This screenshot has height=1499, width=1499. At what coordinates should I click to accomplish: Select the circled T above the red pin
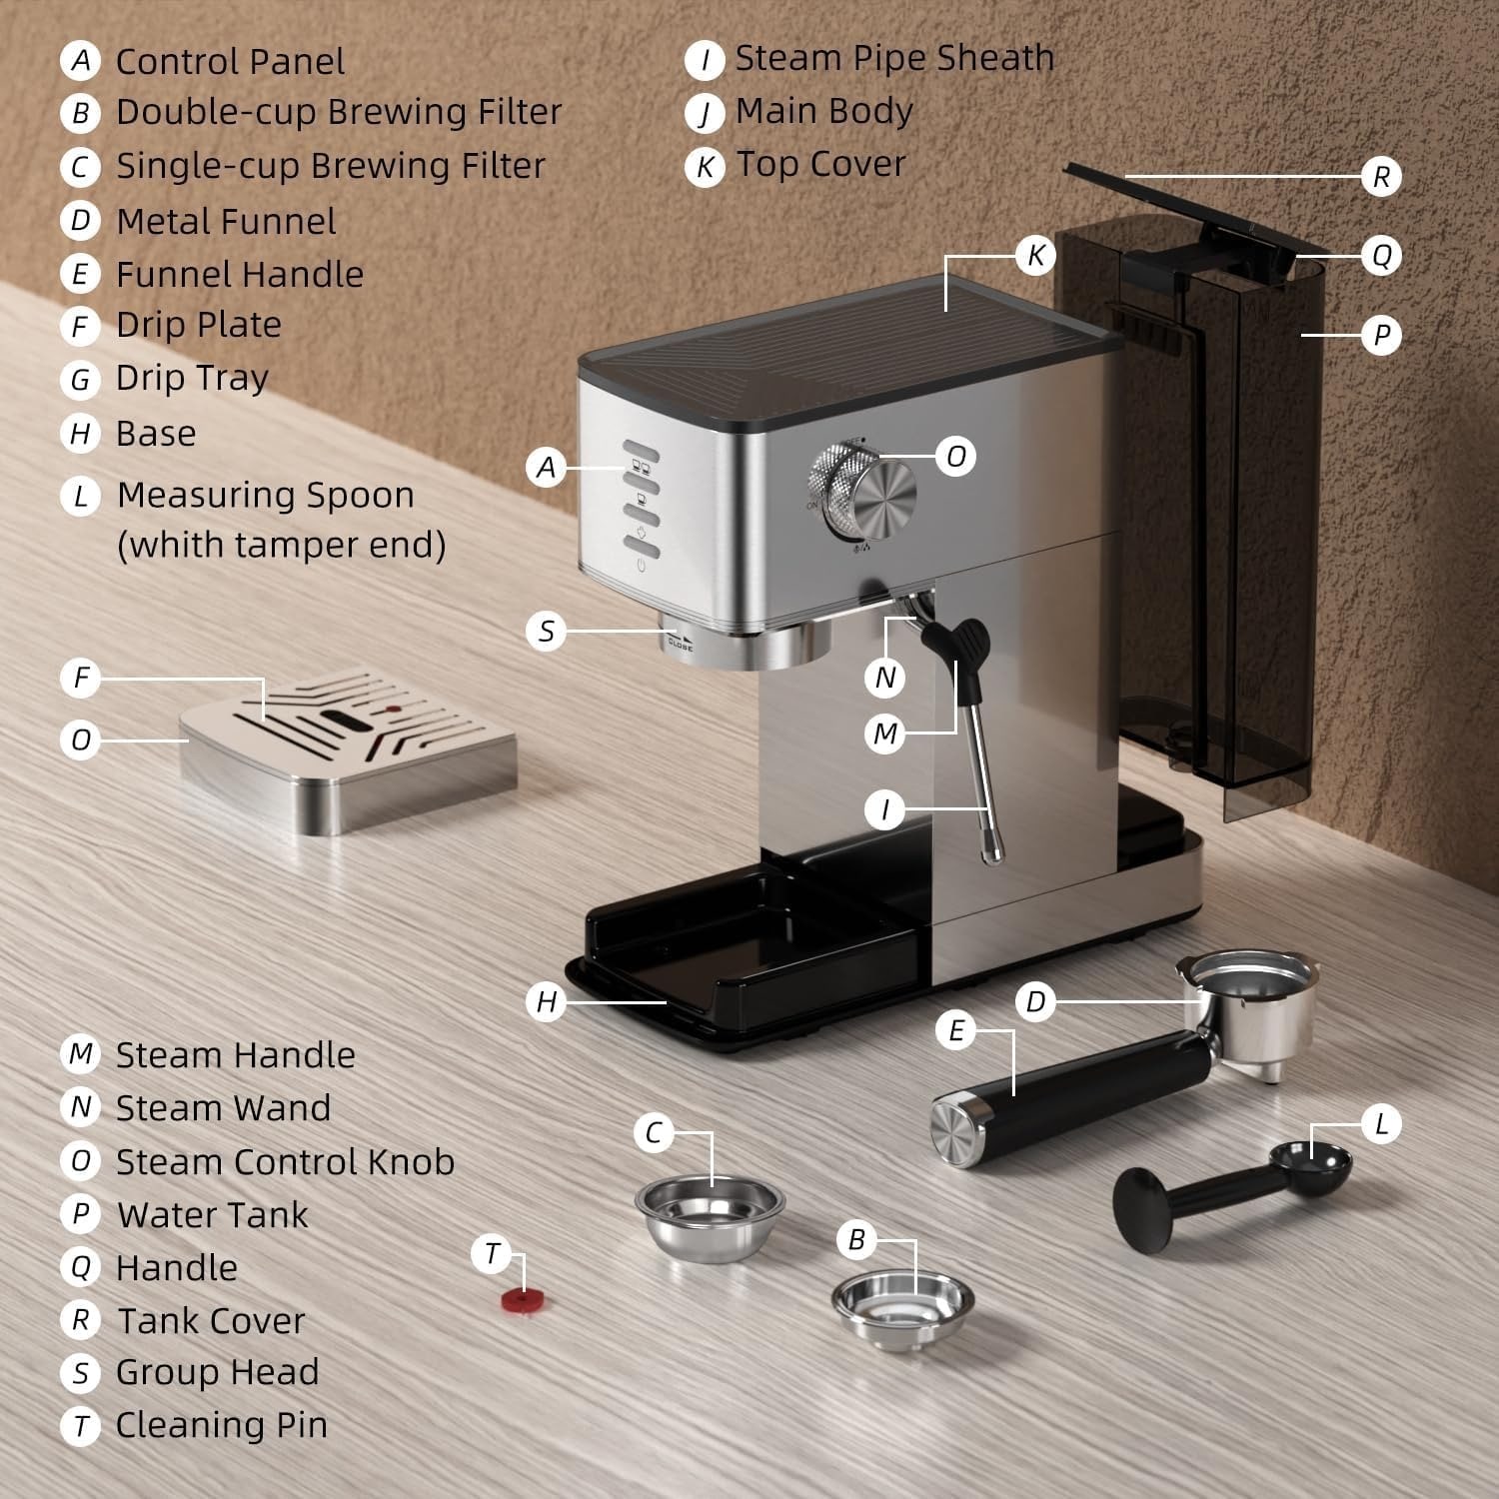[x=492, y=1253]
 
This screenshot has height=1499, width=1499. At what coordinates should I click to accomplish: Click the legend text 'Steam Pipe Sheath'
[x=894, y=59]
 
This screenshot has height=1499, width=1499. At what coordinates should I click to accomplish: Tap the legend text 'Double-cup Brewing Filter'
[x=339, y=112]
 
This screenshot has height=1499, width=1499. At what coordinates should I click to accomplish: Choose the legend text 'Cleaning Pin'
[x=222, y=1425]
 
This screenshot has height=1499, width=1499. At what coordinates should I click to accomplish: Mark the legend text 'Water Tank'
[x=213, y=1215]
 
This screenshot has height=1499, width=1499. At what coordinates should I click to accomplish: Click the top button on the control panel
[x=642, y=449]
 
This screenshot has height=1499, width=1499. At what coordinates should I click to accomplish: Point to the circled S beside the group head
[x=546, y=632]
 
